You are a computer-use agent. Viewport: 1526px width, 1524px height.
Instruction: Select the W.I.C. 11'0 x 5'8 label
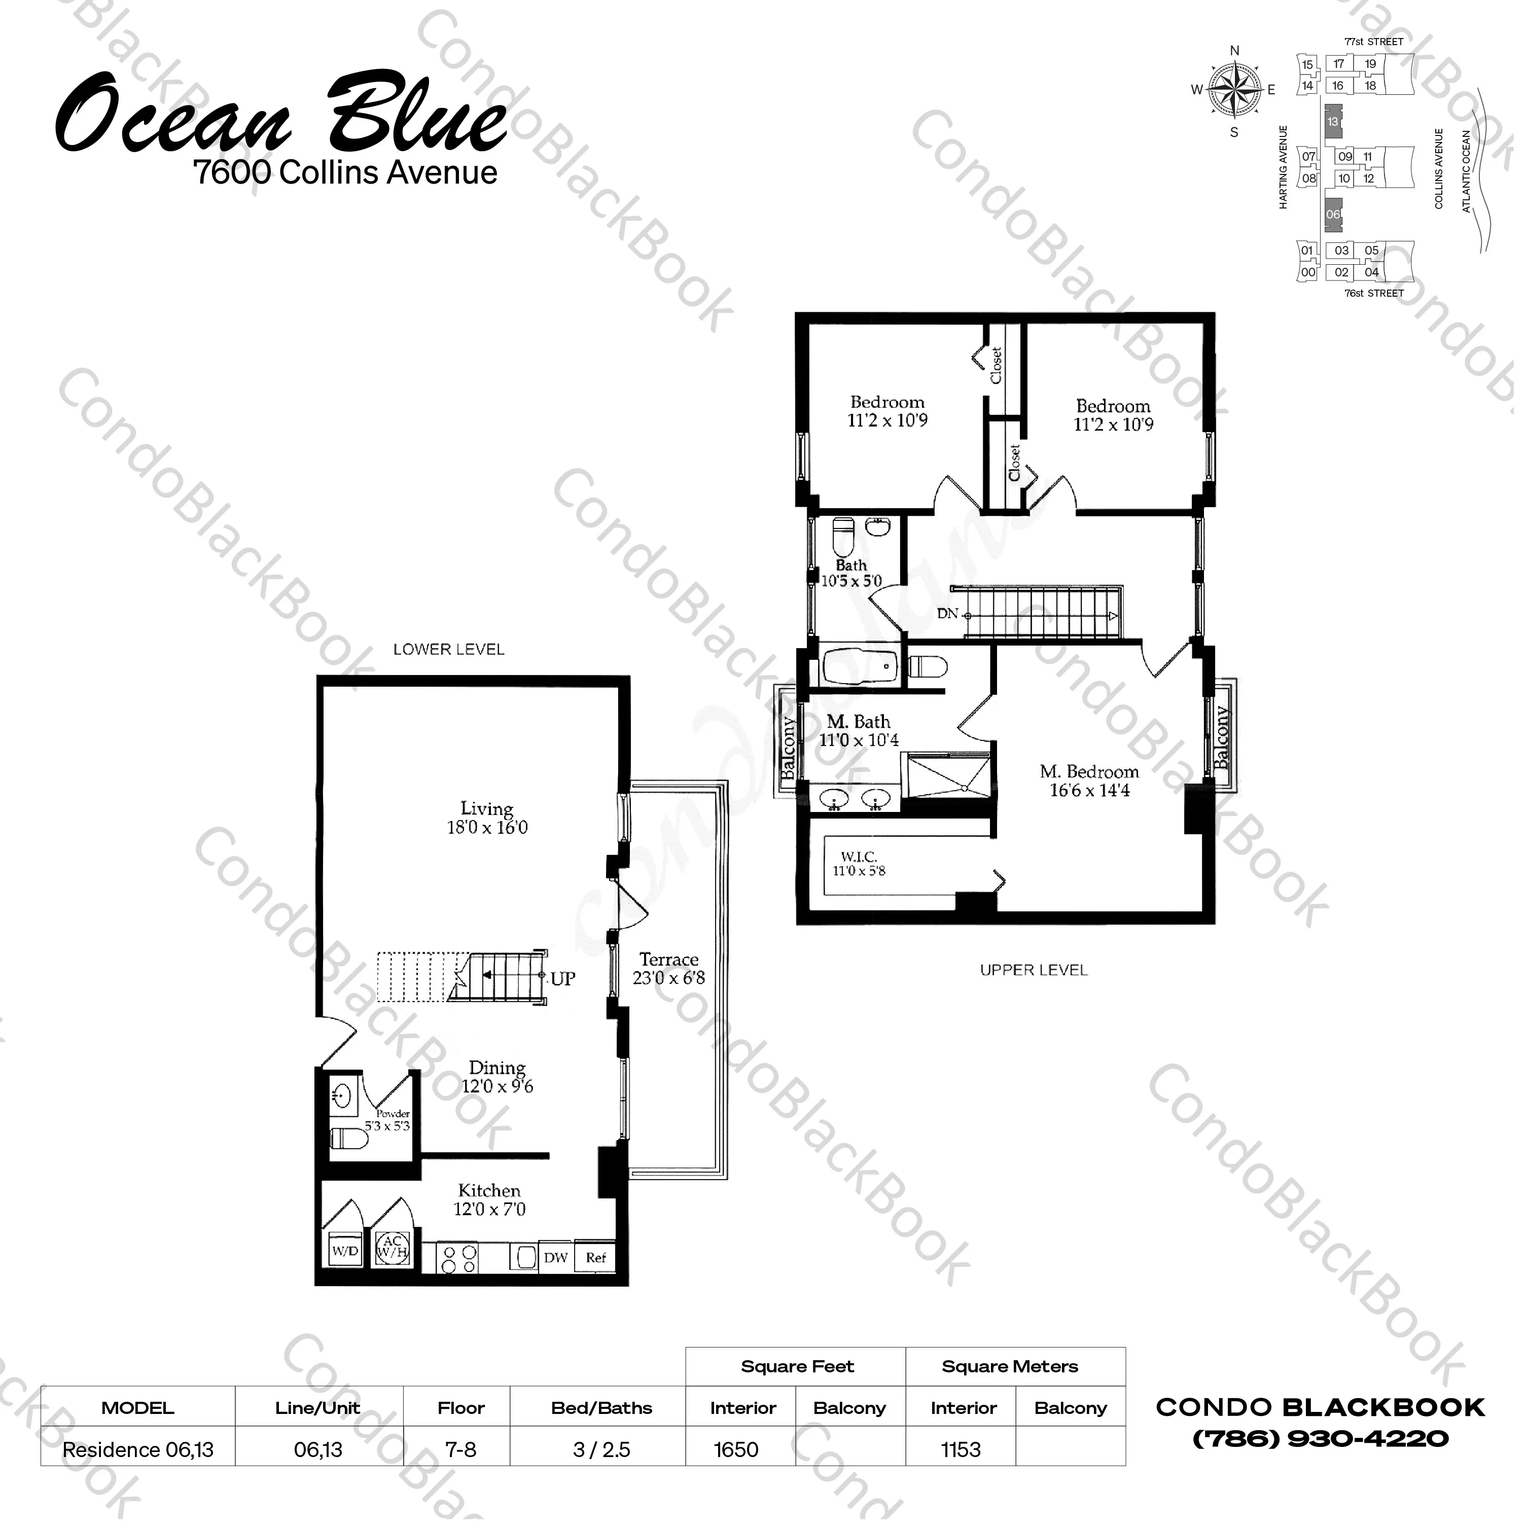coord(860,864)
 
